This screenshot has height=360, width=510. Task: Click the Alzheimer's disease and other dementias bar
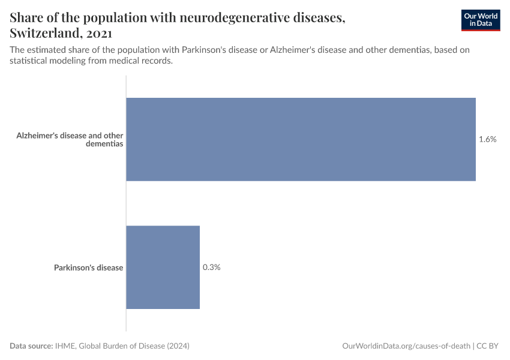300,139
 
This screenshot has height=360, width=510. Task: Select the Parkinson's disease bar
163,268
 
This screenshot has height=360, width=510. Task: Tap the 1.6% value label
487,139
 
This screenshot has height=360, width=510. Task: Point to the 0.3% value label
211,268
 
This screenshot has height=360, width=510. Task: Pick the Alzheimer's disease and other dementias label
70,140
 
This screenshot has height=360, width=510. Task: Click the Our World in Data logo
480,20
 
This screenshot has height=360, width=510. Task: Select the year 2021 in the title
96,33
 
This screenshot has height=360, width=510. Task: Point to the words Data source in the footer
31,346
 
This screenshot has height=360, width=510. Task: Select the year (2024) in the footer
178,346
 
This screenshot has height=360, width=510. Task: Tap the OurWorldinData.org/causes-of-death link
406,346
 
